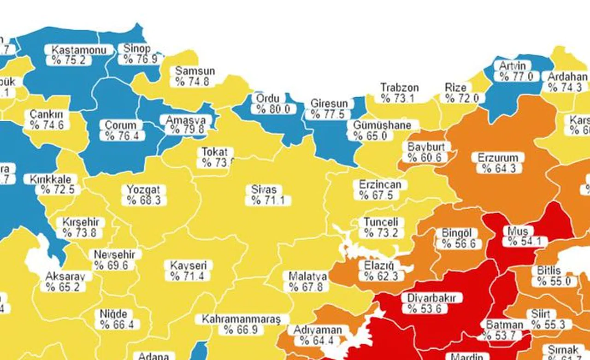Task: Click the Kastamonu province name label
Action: (x=79, y=50)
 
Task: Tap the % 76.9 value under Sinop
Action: (x=137, y=59)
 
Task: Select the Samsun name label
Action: (x=195, y=71)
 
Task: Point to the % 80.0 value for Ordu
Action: (x=273, y=109)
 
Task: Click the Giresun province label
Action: (x=329, y=103)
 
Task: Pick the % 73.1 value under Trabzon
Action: (x=397, y=98)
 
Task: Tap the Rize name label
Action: (x=455, y=88)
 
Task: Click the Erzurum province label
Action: (x=498, y=158)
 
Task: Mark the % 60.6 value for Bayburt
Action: (x=425, y=158)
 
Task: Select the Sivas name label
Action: (x=264, y=189)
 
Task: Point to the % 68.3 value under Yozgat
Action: (x=143, y=201)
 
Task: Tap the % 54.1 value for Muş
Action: (x=525, y=242)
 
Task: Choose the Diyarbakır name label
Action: (x=431, y=298)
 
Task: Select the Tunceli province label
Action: (x=381, y=222)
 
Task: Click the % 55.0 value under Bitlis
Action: (x=554, y=281)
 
